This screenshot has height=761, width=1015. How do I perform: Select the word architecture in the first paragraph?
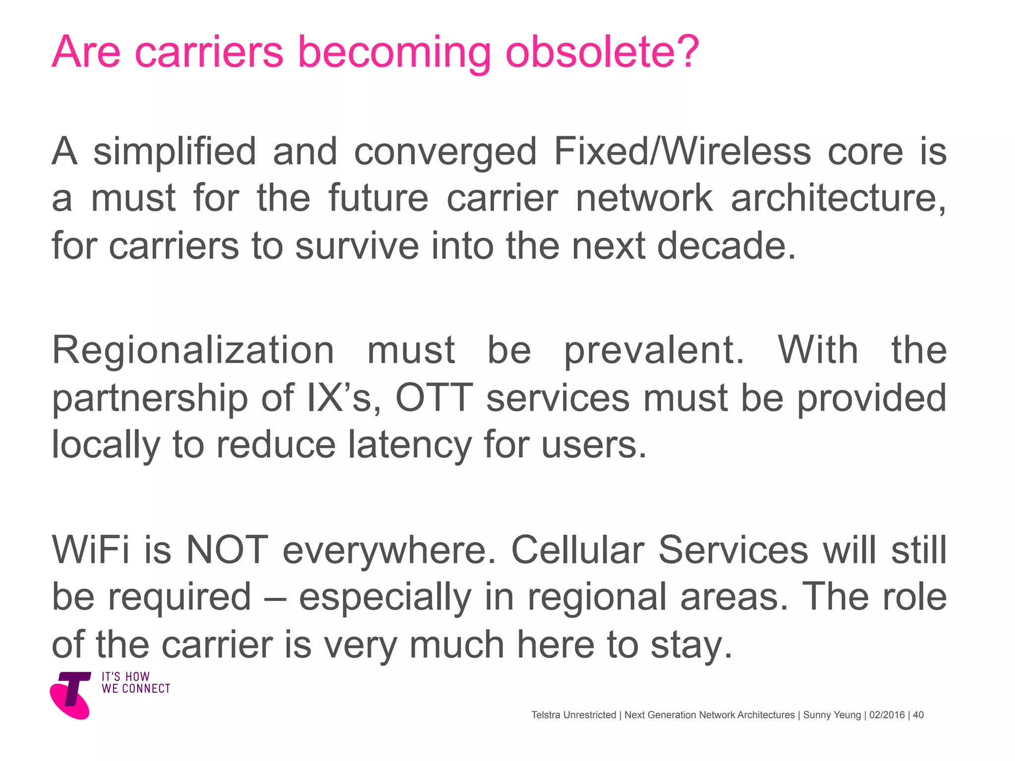click(x=838, y=198)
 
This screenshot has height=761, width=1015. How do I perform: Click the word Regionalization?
click(x=193, y=350)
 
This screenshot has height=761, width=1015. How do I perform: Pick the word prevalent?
click(x=654, y=350)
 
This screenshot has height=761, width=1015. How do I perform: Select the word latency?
click(x=409, y=444)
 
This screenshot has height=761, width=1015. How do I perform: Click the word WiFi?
click(x=91, y=550)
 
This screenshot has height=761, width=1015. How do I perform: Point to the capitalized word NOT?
click(x=227, y=550)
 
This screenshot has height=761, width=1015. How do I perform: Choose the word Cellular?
click(x=577, y=550)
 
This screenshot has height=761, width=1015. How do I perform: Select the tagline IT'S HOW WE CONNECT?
click(x=136, y=683)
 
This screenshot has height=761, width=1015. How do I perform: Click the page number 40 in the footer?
click(x=918, y=715)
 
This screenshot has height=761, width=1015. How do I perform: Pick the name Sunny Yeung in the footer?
click(x=832, y=715)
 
